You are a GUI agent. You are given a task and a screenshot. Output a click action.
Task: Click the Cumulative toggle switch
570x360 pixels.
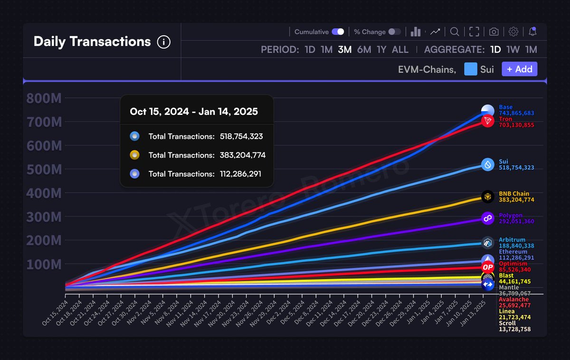pos(338,32)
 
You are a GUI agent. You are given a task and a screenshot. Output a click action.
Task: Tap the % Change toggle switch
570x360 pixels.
pos(394,32)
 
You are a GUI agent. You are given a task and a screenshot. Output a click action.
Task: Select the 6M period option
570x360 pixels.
pos(364,49)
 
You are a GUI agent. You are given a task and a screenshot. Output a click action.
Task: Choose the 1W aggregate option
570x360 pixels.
pos(513,49)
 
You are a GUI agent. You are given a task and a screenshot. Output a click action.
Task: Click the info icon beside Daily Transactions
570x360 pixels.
pos(163,42)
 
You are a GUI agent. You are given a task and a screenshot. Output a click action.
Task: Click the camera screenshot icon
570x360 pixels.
pos(494,32)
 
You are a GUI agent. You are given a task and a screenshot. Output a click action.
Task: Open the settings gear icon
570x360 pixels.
pos(513,32)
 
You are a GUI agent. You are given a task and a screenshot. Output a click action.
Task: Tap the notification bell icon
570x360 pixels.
pos(532,32)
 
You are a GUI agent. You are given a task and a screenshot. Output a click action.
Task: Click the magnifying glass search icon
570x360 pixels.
pos(455,32)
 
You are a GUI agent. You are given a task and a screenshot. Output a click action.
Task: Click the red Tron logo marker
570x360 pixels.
pos(487,121)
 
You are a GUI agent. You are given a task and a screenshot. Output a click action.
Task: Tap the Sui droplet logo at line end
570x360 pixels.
pos(488,165)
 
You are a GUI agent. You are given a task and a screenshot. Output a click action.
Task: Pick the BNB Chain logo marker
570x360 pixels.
pos(488,197)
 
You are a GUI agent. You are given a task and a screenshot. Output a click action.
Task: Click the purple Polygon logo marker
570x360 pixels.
pos(488,218)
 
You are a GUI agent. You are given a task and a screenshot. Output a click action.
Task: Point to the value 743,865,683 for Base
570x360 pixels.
pos(516,113)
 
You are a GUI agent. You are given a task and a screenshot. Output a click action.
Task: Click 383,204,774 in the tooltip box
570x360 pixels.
pos(242,155)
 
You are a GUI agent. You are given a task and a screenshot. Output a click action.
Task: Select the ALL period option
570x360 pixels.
pos(400,49)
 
